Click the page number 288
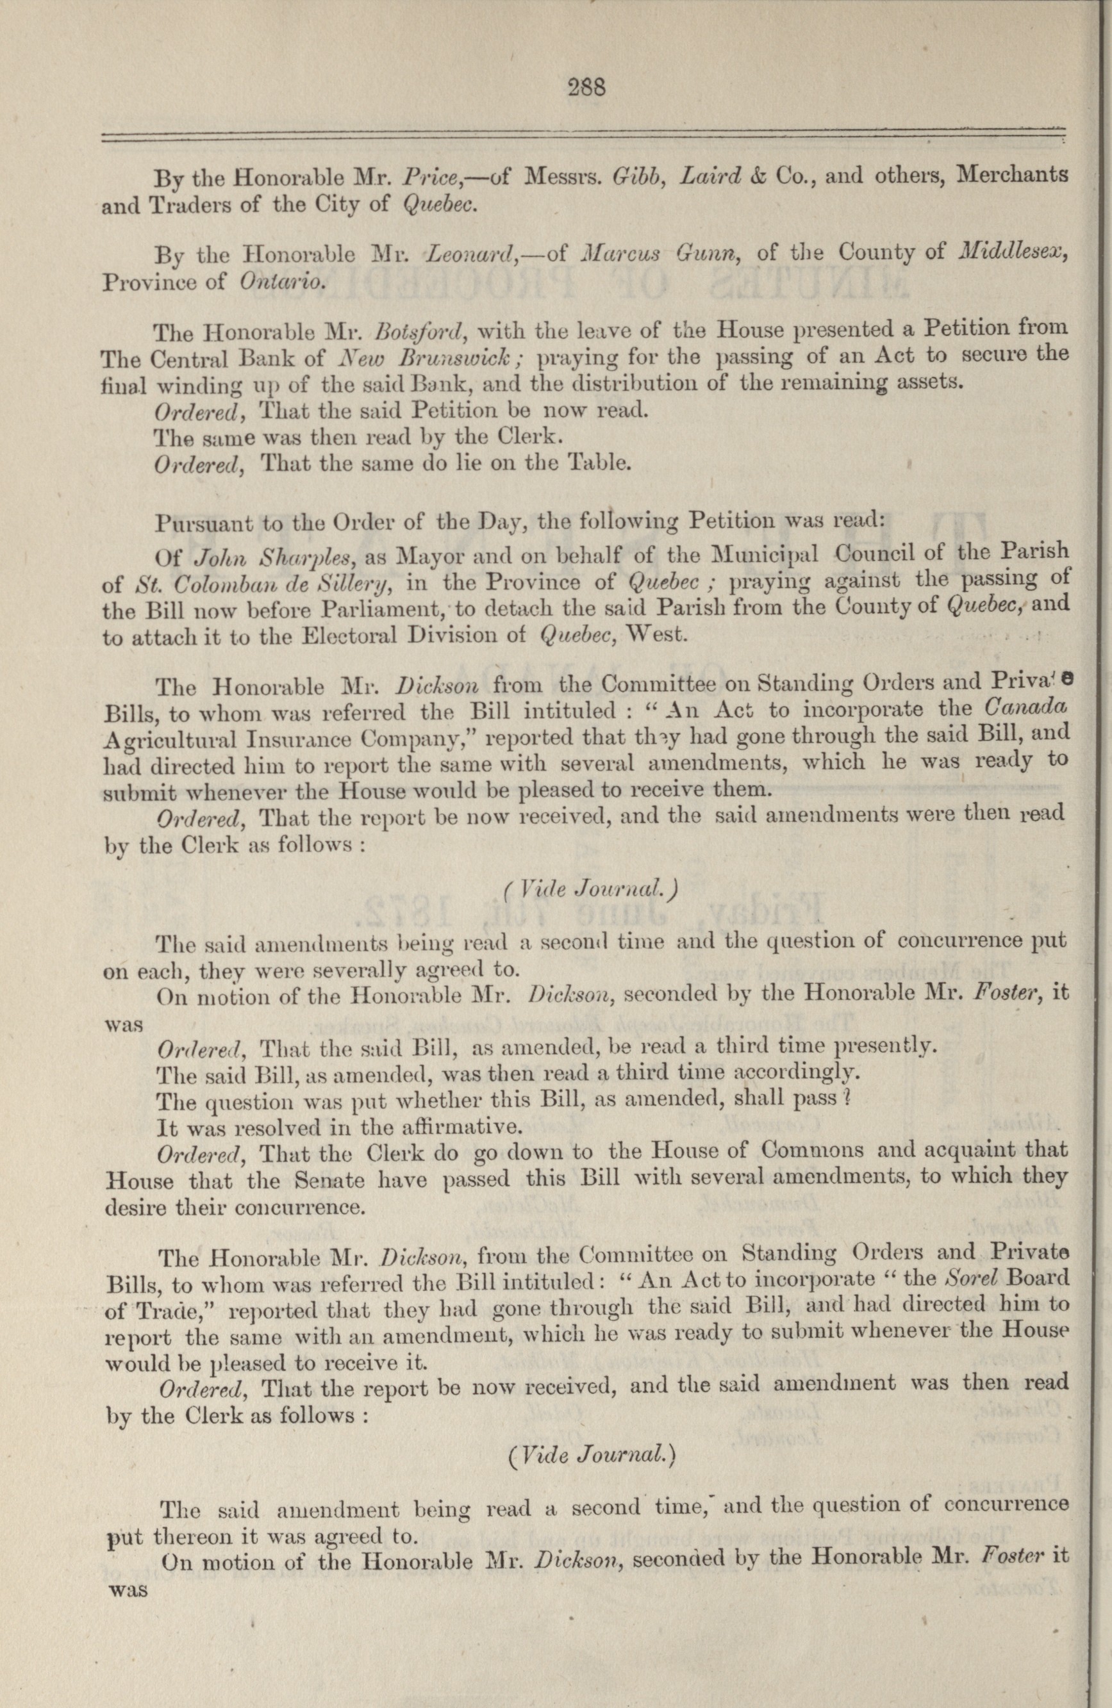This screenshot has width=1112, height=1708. pyautogui.click(x=587, y=88)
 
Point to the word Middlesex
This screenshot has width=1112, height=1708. pyautogui.click(x=1013, y=253)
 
